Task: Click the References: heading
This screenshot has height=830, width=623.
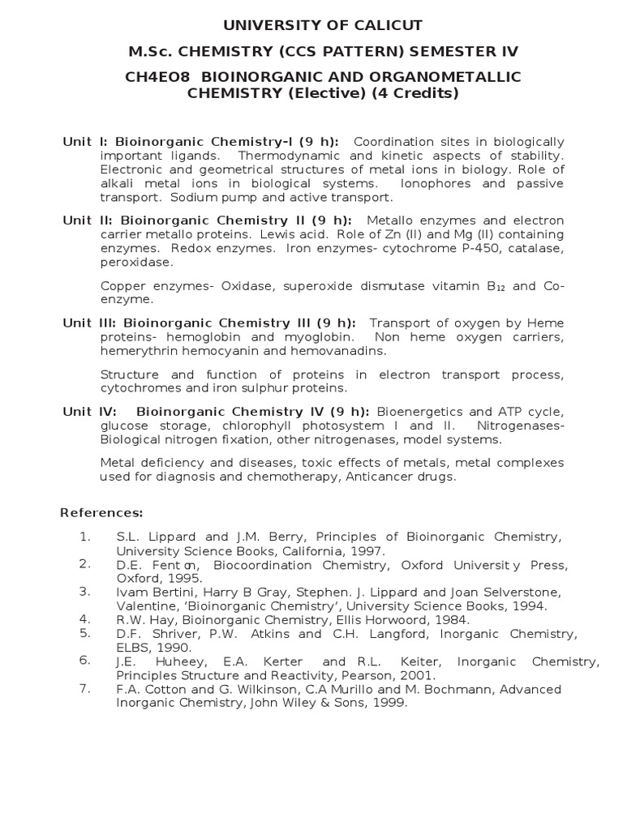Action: click(101, 513)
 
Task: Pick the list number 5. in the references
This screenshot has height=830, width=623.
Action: click(85, 632)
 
